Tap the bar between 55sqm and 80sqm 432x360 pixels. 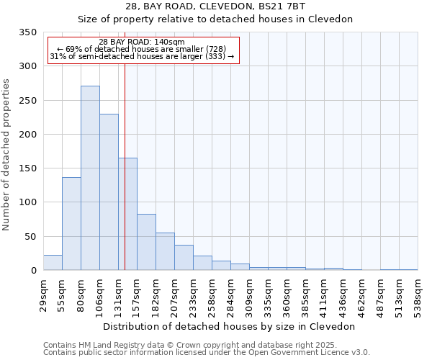(71, 224)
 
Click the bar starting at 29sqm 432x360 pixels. (53, 263)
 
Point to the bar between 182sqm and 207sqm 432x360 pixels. (165, 251)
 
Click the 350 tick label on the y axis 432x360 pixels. (27, 32)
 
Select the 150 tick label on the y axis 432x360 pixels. (27, 168)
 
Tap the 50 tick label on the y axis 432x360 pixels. (30, 236)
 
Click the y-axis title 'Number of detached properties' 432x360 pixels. (7, 156)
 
